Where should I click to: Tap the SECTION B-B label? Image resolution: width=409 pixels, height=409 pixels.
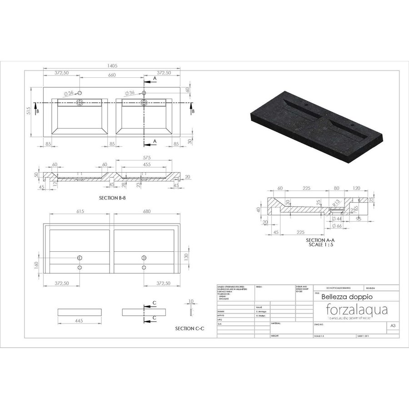112,199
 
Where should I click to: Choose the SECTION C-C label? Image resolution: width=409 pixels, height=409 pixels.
188,328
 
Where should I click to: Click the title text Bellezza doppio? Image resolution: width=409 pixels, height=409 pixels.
341,297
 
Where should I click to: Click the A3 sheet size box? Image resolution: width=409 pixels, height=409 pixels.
392,325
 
